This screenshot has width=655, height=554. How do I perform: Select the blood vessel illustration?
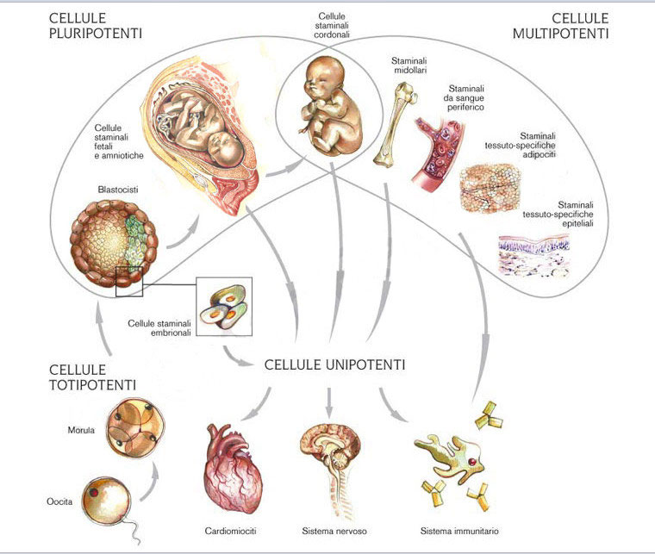pos(441,142)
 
